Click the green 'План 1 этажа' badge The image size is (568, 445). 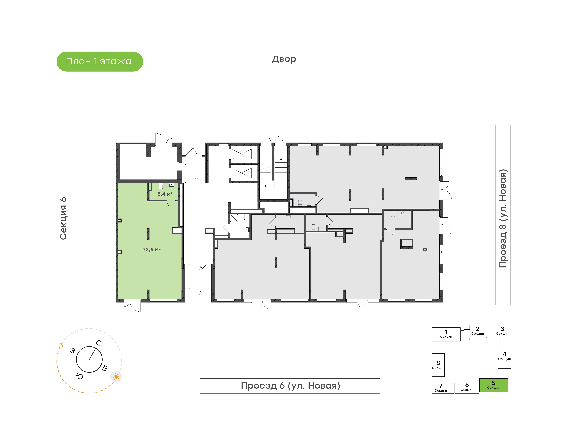(100, 62)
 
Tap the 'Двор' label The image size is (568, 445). (284, 59)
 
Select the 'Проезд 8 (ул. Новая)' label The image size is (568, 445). (503, 218)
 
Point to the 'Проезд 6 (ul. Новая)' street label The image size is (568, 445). (290, 386)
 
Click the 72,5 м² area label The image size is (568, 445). (152, 250)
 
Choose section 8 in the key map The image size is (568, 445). (438, 365)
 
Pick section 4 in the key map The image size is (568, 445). (504, 357)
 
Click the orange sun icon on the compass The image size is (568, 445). (116, 377)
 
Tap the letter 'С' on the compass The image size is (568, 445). (99, 343)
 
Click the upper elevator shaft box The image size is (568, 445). (242, 154)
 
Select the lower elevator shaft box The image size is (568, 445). (242, 173)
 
